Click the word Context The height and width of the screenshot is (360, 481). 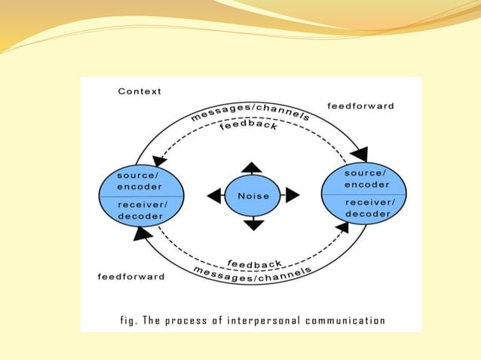click(x=139, y=91)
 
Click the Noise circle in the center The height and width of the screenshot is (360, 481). click(x=253, y=196)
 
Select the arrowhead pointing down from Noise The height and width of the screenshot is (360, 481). click(x=254, y=224)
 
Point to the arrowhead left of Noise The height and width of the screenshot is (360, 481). click(x=215, y=196)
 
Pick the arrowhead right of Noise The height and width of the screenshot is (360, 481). click(x=293, y=196)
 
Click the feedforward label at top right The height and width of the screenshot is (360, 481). click(x=360, y=106)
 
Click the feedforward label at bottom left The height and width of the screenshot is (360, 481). click(x=130, y=276)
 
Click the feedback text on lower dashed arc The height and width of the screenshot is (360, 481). click(x=255, y=263)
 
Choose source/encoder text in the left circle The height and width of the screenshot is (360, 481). click(x=139, y=180)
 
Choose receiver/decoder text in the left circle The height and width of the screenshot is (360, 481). click(x=140, y=210)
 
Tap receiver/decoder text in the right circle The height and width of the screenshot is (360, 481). click(x=368, y=207)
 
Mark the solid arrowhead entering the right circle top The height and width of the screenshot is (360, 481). click(x=360, y=154)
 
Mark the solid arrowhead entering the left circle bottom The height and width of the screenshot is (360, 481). click(x=141, y=234)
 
